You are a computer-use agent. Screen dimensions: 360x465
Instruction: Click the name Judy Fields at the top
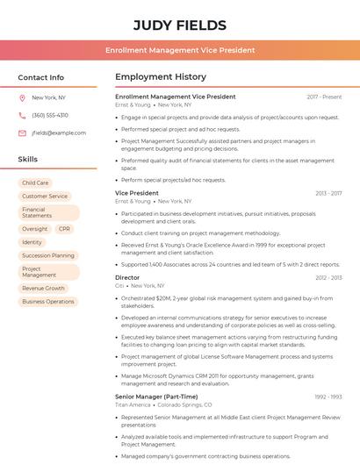(179, 25)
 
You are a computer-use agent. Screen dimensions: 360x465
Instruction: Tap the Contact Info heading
(40, 77)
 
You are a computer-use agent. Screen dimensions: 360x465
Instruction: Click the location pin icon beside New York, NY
(22, 98)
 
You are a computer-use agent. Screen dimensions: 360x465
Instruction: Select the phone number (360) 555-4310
(50, 115)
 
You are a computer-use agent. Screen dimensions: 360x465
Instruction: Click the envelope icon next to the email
(22, 132)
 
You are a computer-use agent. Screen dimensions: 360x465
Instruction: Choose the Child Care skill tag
(36, 183)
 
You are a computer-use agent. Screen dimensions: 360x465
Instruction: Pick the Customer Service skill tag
(45, 197)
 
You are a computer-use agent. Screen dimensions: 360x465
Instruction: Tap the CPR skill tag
(64, 229)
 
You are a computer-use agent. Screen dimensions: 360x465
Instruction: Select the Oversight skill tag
(35, 229)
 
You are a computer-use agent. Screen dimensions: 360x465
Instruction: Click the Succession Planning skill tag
(48, 255)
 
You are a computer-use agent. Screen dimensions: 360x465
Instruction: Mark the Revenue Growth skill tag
(44, 288)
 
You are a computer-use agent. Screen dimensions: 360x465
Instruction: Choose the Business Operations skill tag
(48, 301)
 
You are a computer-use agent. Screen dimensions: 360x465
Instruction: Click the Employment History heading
(161, 77)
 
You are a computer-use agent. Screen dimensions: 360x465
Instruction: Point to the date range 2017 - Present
(324, 97)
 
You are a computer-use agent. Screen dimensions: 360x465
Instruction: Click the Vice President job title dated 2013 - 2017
(137, 193)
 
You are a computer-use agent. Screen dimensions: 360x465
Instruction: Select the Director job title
(127, 277)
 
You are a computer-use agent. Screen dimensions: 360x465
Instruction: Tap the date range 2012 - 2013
(328, 277)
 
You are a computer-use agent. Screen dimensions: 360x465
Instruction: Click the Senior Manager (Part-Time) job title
(156, 397)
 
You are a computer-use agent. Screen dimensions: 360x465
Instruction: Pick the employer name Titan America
(133, 404)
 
